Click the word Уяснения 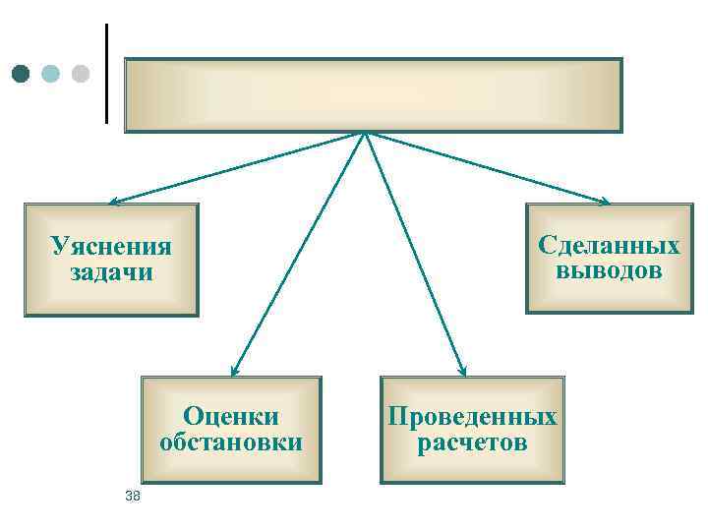click(x=111, y=246)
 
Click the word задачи click(x=111, y=271)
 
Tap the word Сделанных click(x=609, y=245)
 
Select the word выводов click(x=609, y=270)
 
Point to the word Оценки click(x=231, y=416)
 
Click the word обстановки click(x=231, y=442)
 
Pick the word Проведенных click(x=473, y=416)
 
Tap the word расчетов click(x=473, y=442)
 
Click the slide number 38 click(x=134, y=497)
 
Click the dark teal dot click(x=22, y=74)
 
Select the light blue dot click(x=51, y=74)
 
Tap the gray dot click(x=80, y=74)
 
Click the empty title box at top click(x=373, y=94)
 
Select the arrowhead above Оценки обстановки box click(x=234, y=371)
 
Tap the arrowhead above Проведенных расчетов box click(x=461, y=371)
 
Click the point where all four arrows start click(x=366, y=133)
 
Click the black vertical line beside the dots click(x=105, y=74)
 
